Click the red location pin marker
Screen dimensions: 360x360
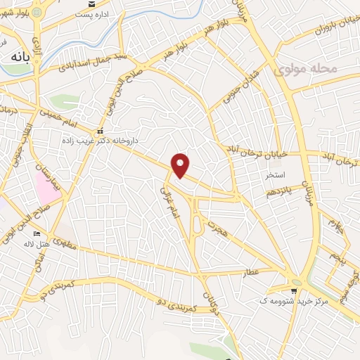coord(181,165)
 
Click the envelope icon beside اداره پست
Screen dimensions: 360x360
coord(91,14)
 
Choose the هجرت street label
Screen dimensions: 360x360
coord(215,223)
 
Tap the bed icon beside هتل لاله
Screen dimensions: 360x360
coord(37,234)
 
